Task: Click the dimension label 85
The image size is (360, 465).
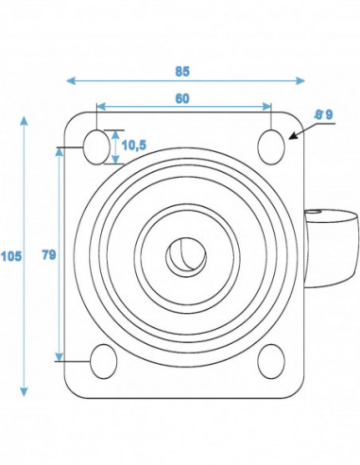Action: pos(182,72)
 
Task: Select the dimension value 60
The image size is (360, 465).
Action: pos(182,98)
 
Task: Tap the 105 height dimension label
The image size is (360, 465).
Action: pos(11,256)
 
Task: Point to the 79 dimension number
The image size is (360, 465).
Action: pos(49,254)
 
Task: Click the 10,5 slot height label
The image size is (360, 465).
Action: pos(134,146)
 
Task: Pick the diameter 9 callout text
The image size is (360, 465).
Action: pos(324,114)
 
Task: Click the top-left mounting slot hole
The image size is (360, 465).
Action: pos(96,146)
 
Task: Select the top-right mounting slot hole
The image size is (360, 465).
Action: pos(271,146)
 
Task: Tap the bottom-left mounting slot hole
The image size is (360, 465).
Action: pos(104,361)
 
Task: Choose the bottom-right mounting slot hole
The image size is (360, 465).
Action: pos(271,361)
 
